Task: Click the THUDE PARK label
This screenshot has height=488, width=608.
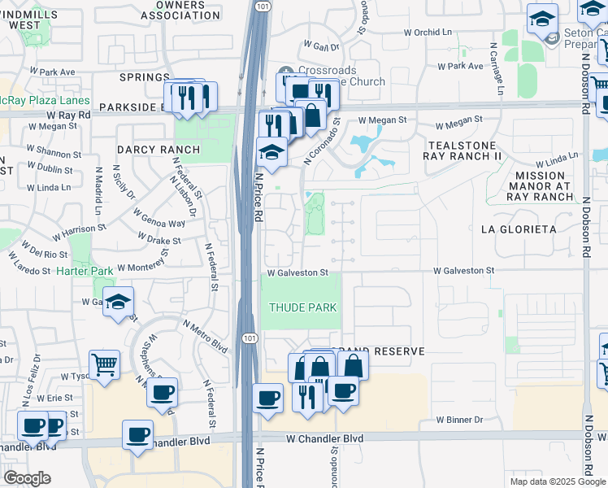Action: [x=302, y=307]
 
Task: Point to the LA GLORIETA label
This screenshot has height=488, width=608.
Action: [x=519, y=229]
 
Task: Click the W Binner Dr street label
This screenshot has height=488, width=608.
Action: [x=459, y=420]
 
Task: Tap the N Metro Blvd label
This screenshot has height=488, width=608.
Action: [x=204, y=334]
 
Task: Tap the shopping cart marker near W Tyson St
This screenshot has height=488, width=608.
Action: [x=104, y=365]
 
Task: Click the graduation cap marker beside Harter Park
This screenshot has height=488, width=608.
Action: [x=119, y=304]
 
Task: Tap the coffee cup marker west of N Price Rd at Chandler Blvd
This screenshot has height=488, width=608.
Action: [x=162, y=392]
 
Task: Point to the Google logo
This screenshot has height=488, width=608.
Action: [x=27, y=478]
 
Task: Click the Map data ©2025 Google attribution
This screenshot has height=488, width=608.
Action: [x=557, y=481]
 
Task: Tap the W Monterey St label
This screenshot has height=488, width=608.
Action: [x=142, y=267]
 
